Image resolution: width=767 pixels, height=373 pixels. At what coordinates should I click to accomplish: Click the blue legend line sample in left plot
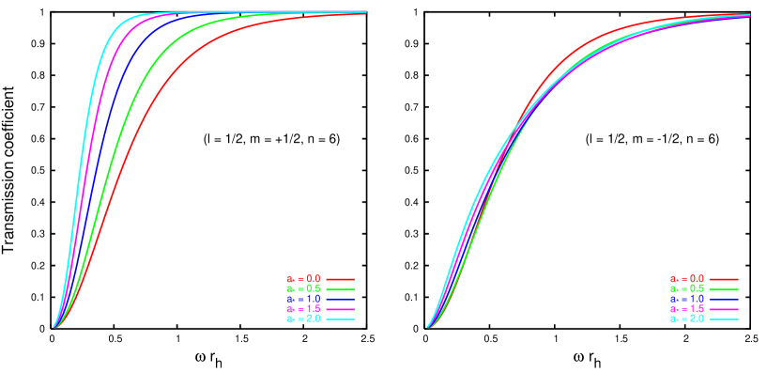[340, 299]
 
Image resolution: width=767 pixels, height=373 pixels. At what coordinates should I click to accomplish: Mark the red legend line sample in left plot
[340, 279]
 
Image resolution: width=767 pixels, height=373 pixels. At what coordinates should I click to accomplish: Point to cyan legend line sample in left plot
[340, 319]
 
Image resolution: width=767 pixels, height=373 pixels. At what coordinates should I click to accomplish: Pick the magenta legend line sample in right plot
[724, 309]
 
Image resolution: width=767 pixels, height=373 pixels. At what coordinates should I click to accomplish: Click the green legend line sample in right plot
[724, 289]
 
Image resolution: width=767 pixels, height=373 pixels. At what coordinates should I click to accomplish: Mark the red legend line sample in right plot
[724, 279]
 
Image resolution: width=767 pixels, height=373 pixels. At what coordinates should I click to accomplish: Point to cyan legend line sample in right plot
[724, 319]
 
